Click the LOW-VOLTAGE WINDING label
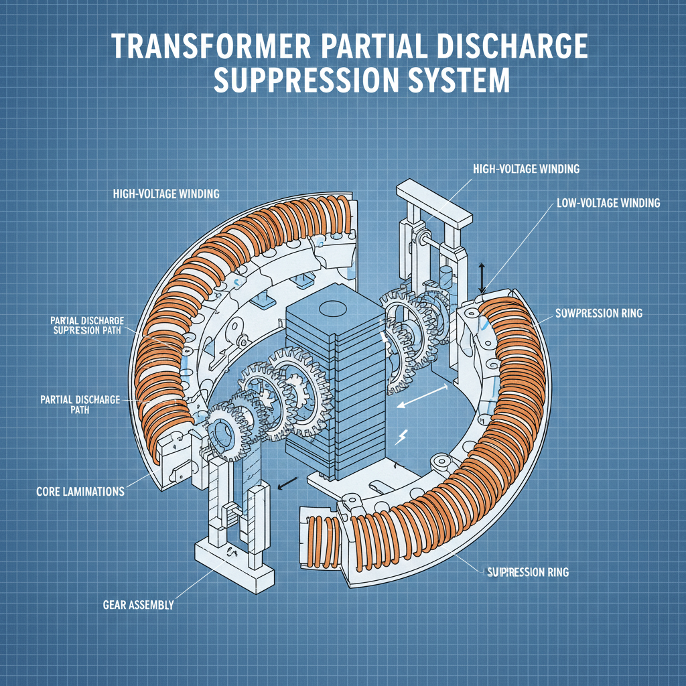608,202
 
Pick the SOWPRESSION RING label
599,313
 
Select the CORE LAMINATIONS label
80,491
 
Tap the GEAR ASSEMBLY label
139,605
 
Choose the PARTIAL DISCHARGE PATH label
75,404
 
